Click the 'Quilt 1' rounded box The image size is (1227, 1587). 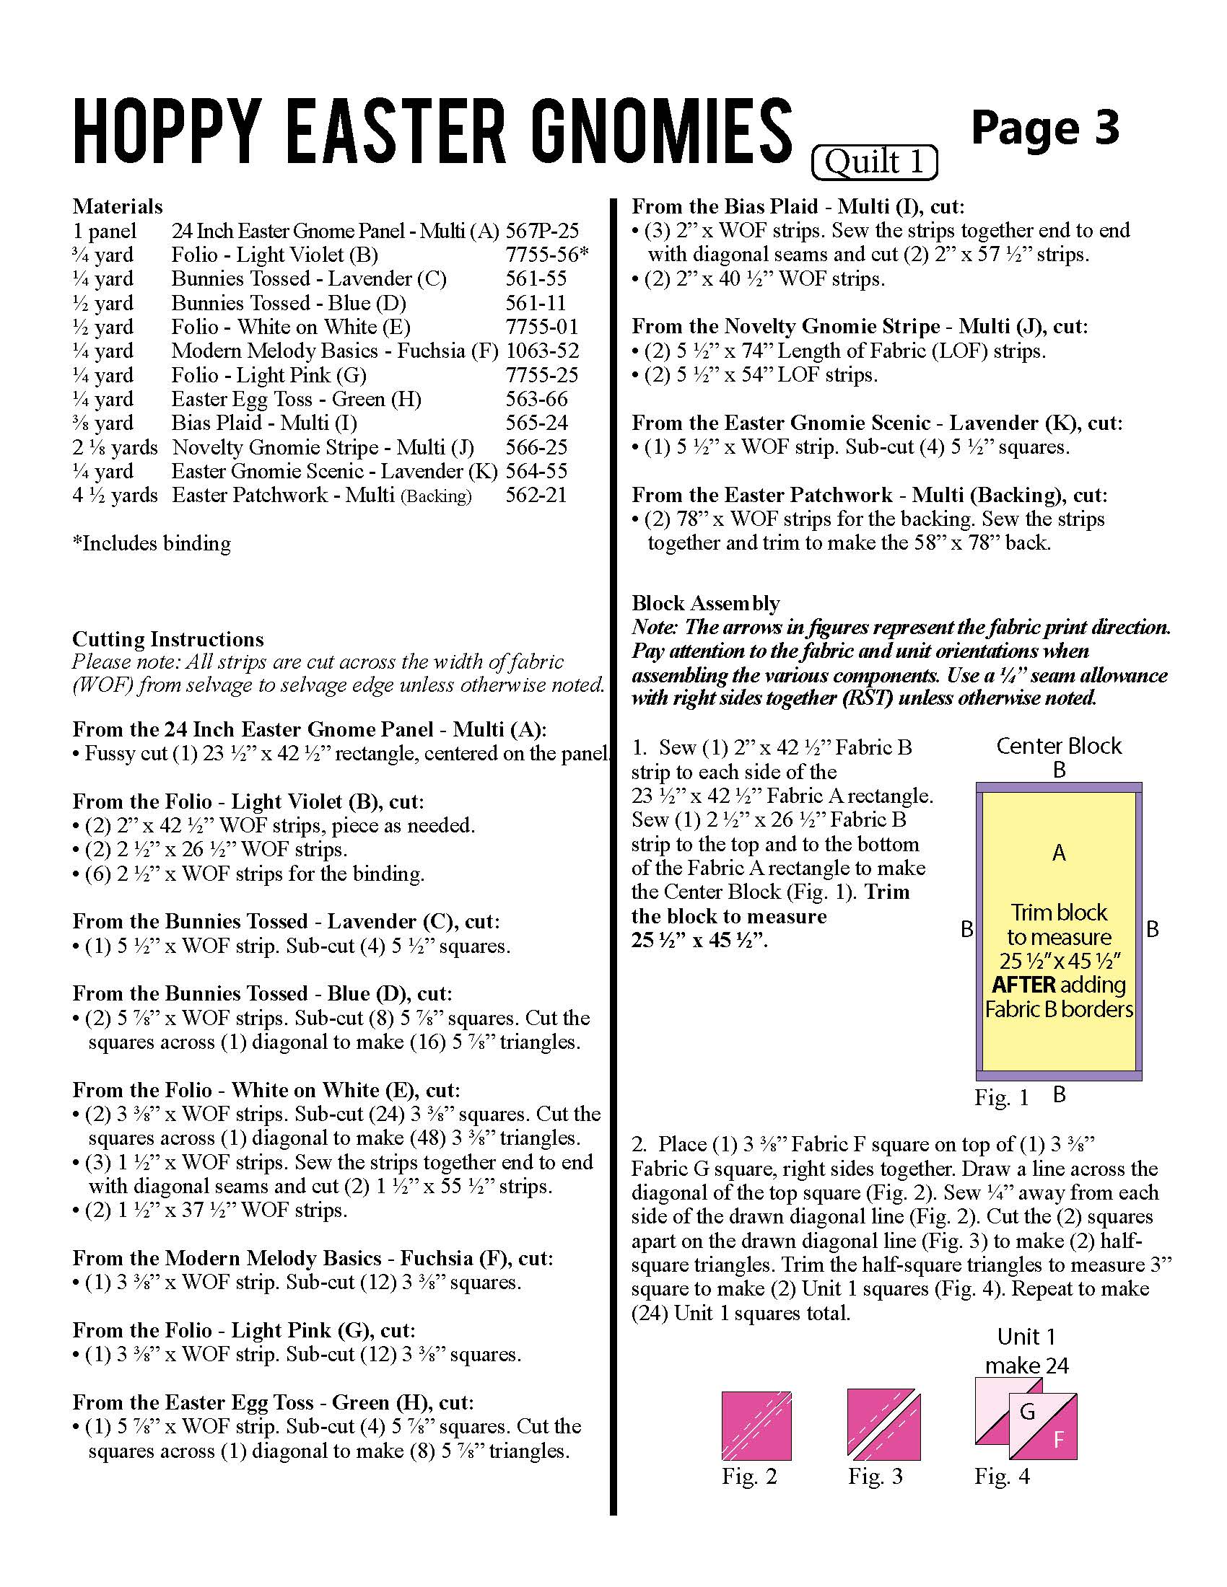pos(874,162)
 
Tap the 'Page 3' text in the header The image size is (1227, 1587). pos(1044,128)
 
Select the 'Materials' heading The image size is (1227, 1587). pos(117,206)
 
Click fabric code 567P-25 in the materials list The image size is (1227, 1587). pos(542,231)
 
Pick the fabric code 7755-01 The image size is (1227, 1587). pos(542,327)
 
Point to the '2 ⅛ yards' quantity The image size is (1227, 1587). pos(115,448)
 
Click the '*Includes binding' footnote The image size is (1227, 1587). pos(151,543)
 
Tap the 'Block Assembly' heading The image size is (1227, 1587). pos(705,603)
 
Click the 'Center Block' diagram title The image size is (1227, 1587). pos(1058,747)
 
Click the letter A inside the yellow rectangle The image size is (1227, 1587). pos(1059,853)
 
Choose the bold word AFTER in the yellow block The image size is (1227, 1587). pos(1024,985)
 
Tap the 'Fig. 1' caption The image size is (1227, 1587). pos(1002,1098)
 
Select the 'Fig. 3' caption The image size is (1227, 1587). pos(876,1477)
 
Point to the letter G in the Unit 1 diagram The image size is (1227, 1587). pos(1027,1412)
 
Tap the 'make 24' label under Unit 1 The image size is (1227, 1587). pos(1026,1366)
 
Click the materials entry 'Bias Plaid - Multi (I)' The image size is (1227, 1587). pos(264,423)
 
